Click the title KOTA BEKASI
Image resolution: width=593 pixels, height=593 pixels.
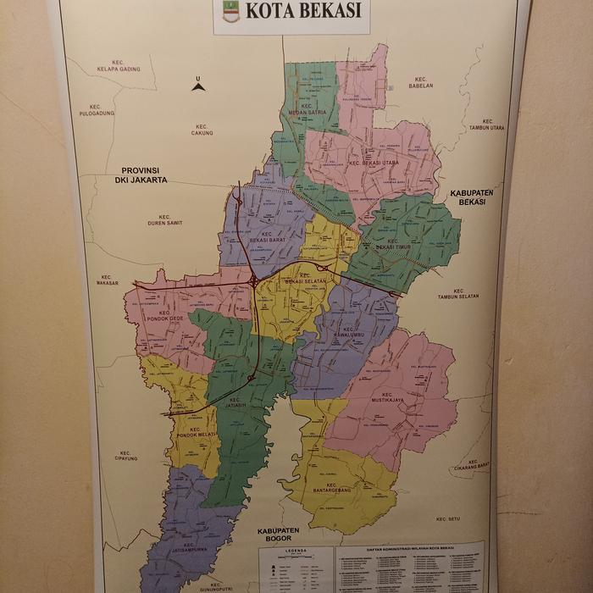[303, 11]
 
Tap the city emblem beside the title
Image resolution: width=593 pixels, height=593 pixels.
[230, 10]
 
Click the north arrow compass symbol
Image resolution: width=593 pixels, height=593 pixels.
[198, 85]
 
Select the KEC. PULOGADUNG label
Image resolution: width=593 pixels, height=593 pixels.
[97, 110]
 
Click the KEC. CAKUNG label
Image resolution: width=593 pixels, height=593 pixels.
[202, 130]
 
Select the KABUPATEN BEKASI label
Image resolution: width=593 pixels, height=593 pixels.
[477, 197]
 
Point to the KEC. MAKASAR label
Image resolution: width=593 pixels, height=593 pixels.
[108, 280]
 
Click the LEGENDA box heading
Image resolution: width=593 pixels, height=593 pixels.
[295, 550]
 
